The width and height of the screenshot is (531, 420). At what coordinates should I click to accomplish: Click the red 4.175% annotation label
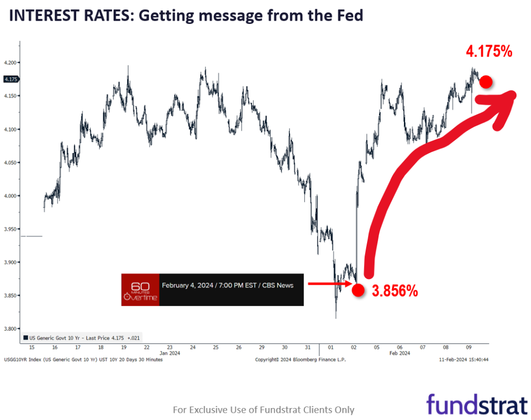489,51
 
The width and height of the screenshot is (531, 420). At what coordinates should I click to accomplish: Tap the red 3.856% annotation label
395,291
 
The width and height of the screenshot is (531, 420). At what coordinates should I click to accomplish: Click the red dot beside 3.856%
358,290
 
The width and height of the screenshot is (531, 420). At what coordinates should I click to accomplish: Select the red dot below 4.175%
486,82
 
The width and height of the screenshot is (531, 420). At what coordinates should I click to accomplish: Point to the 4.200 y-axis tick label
10,63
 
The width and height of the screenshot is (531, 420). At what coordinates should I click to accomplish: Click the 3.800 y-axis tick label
10,329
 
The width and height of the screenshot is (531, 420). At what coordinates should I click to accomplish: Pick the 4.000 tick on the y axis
10,196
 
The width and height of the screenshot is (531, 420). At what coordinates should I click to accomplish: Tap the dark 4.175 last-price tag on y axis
10,79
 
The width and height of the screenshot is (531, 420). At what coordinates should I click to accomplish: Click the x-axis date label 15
32,347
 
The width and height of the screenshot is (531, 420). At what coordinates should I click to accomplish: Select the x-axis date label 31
308,347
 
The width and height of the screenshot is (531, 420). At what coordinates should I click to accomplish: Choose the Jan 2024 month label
169,353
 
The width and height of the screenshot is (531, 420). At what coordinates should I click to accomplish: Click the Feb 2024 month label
400,353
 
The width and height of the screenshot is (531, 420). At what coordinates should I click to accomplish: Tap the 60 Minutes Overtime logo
140,290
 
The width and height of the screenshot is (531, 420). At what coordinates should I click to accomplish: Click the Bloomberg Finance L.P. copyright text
300,359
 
